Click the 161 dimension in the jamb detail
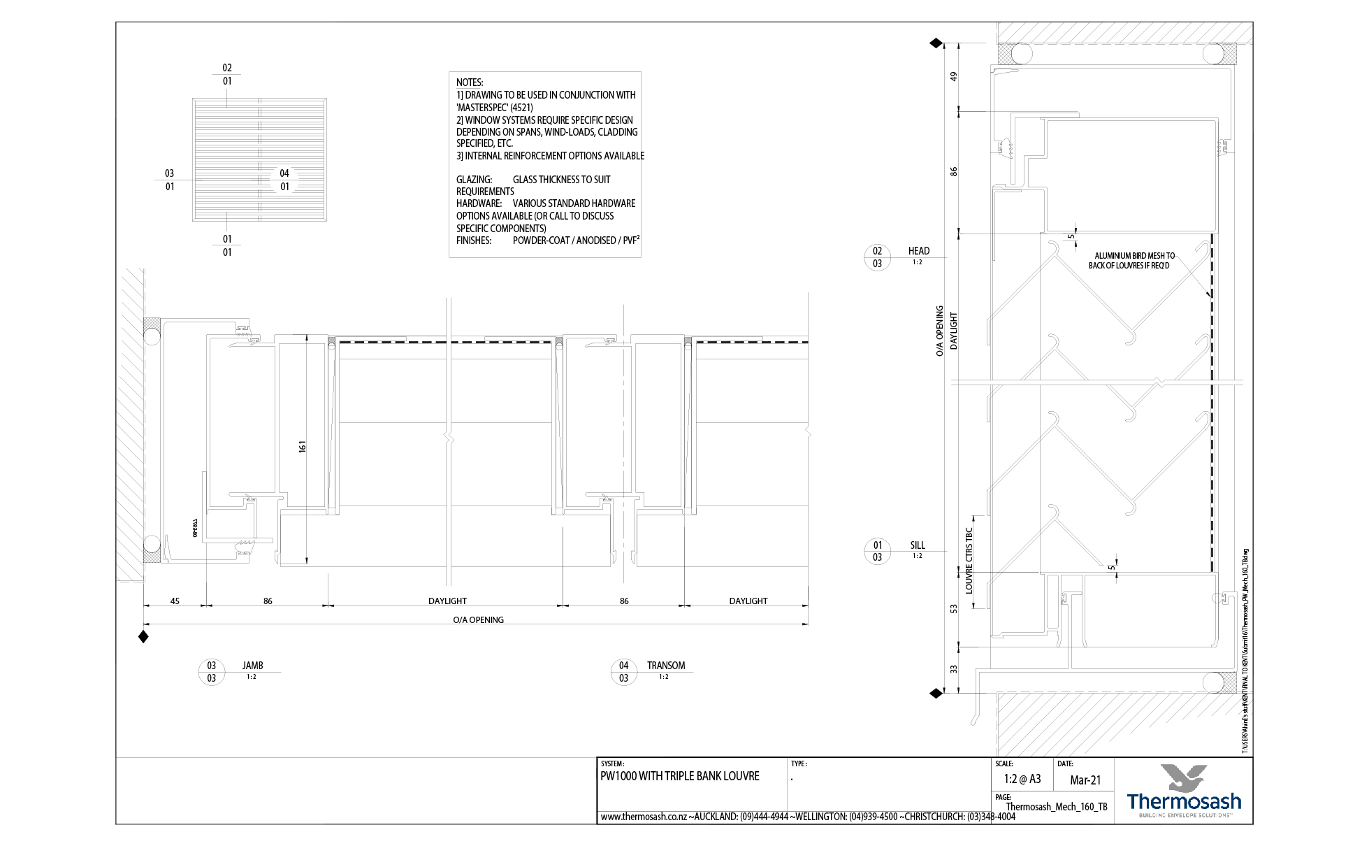pos(302,446)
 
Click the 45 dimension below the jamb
pos(175,601)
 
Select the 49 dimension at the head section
pos(953,76)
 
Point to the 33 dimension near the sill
pos(953,669)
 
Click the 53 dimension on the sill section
pos(953,609)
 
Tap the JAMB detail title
pos(252,666)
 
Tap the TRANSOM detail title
pos(665,666)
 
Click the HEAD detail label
pos(918,251)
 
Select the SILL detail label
pos(917,545)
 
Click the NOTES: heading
pos(470,83)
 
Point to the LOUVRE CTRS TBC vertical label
pos(969,561)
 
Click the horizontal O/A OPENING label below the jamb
pos(478,619)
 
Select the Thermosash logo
pos(1184,791)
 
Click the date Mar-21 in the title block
pos(1085,780)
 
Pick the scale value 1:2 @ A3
pos(1022,779)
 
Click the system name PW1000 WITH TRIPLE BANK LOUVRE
pos(679,776)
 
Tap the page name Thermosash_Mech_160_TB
pos(1056,807)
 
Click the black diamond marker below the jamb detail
pos(143,636)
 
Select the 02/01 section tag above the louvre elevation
pos(227,74)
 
